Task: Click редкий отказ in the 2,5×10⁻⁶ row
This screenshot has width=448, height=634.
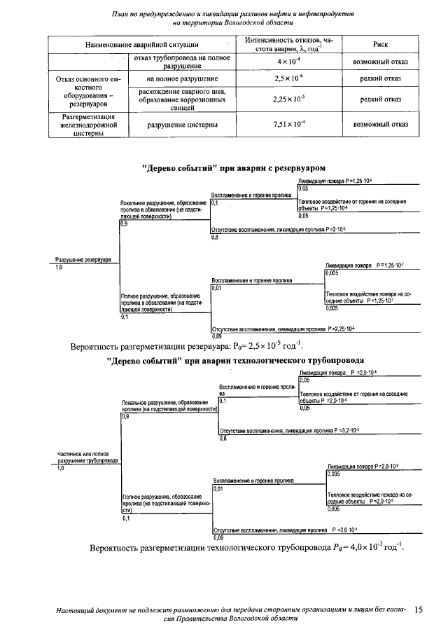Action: point(381,79)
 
